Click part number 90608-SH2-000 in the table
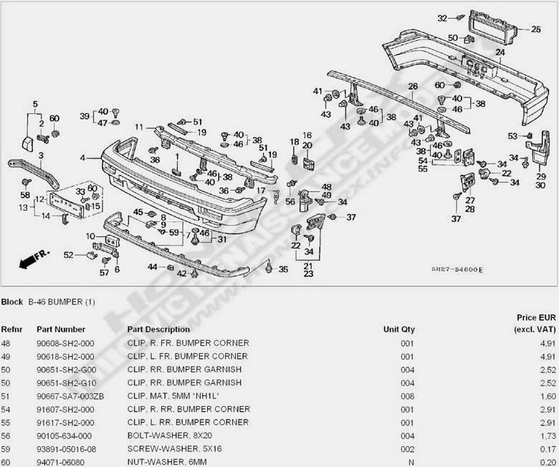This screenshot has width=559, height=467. click(66, 343)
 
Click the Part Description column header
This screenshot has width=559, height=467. click(158, 329)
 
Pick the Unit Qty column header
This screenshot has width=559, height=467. click(399, 329)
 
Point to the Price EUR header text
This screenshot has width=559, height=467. click(536, 317)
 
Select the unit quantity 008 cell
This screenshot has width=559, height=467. click(407, 395)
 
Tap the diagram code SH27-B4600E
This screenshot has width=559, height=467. click(457, 269)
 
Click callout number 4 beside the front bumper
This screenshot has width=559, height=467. click(83, 157)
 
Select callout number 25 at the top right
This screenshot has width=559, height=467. click(536, 29)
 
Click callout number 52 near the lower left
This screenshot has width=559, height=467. click(69, 254)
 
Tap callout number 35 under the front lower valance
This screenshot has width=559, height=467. click(283, 269)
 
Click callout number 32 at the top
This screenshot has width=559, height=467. click(442, 18)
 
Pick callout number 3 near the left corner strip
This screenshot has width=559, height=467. click(41, 155)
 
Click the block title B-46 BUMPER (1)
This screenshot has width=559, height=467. click(61, 302)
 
